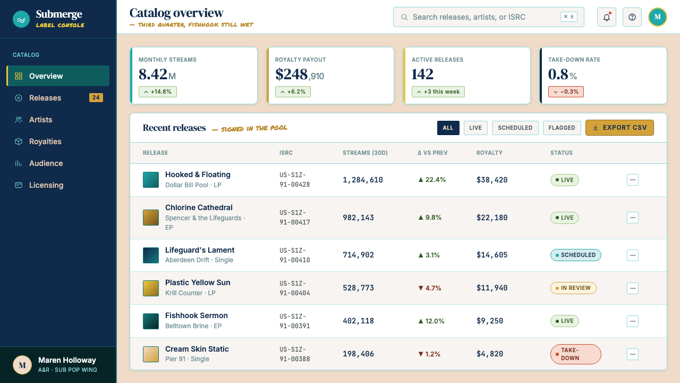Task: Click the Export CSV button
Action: (x=619, y=128)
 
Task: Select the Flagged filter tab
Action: (x=562, y=128)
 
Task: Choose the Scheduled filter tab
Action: (x=515, y=128)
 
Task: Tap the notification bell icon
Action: (x=607, y=17)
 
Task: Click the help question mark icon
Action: (x=632, y=17)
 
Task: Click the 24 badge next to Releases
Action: (x=96, y=97)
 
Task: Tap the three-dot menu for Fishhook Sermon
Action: (x=633, y=321)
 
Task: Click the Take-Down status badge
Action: (x=575, y=354)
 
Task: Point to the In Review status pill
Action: (x=573, y=288)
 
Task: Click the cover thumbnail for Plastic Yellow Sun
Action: (x=151, y=288)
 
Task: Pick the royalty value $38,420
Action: (x=492, y=180)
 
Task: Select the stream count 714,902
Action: (x=358, y=255)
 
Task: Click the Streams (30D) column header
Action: (x=365, y=153)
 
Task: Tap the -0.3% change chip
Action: (x=566, y=92)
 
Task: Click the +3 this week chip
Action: (x=438, y=92)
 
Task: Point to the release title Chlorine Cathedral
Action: (x=199, y=207)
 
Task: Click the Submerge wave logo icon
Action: (x=21, y=19)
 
